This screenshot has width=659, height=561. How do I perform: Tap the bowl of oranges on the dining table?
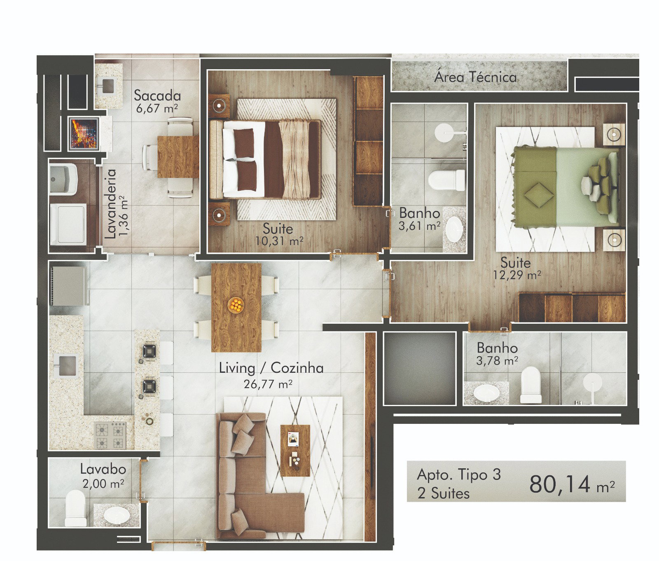236,305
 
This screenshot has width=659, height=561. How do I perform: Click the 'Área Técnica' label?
476,77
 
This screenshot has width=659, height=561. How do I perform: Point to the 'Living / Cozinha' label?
271,367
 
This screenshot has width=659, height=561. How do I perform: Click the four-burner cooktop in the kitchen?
110,435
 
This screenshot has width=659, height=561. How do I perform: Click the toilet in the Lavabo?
76,508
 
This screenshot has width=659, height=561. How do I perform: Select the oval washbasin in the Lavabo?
116,514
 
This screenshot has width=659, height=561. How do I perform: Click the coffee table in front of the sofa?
295,450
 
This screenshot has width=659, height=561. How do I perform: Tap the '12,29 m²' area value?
517,275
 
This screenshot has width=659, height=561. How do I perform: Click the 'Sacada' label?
157,96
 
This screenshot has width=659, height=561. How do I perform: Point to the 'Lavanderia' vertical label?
110,204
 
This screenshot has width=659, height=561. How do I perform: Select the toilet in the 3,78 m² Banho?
530,385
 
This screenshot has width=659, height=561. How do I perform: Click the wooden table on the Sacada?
178,157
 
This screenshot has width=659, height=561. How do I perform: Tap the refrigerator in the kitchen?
68,286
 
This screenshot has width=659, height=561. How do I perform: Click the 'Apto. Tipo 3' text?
459,475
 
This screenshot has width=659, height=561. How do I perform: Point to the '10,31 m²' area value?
279,241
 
